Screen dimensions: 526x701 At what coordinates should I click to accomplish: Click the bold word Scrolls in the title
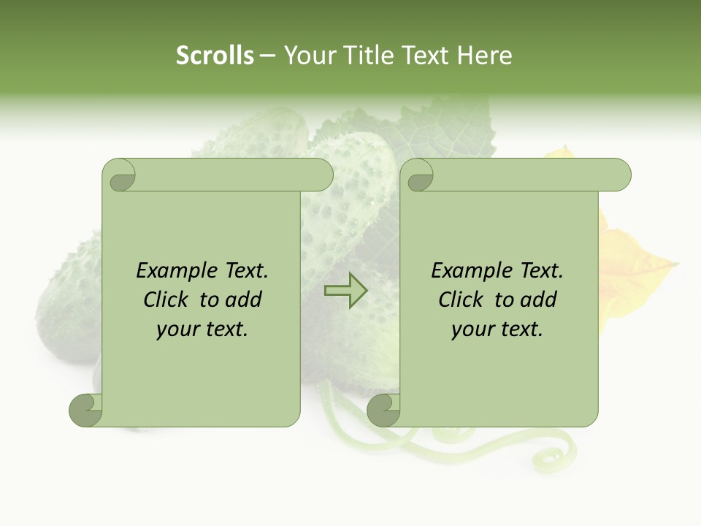215,55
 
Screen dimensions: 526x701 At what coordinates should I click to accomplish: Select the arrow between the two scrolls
346,291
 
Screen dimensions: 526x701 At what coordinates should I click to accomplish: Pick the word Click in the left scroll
166,300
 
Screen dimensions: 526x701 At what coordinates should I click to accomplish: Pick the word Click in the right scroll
461,300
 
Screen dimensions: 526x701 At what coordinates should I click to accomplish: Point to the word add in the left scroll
244,300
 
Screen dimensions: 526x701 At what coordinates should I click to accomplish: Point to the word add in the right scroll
539,300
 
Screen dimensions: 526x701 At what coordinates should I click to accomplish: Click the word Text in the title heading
425,55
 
